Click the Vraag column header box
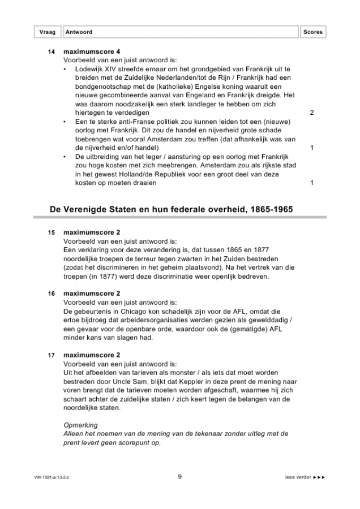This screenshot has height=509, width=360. point(48,32)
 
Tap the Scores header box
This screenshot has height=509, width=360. point(312,32)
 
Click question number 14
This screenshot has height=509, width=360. point(52,52)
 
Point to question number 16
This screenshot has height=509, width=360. point(52,294)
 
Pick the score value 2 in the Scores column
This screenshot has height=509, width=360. point(312,113)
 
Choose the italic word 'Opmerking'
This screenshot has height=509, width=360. point(79,425)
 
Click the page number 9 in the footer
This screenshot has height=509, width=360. point(179,477)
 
